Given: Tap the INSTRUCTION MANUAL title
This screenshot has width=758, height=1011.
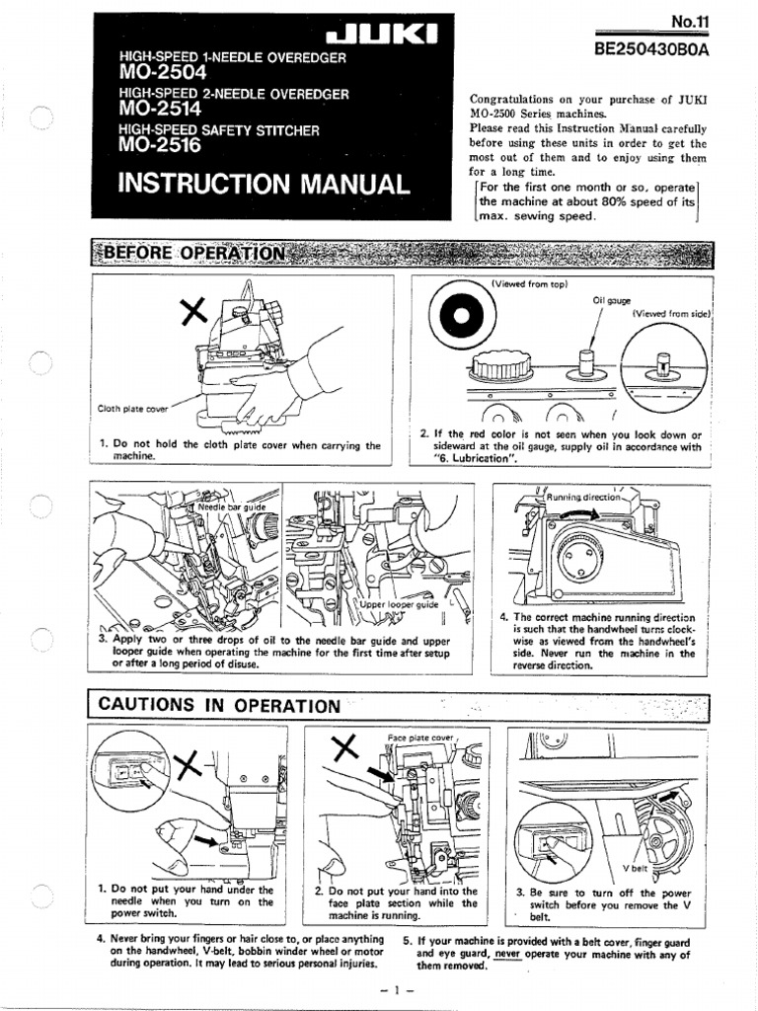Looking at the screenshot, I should point(263,185).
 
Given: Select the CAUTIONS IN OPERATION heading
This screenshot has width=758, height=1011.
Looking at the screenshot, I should point(216,705).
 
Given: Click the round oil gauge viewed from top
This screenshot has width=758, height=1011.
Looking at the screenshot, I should point(459,317).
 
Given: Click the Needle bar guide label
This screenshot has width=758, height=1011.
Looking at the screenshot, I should point(233,507).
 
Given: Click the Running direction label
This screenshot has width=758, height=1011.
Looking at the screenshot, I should point(586,498).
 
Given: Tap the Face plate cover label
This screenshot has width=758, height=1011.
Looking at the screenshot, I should point(419,738).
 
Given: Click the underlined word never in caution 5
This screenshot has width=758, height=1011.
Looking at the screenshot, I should point(506,955).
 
